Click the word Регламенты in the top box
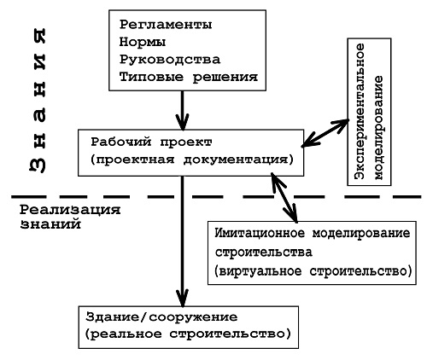tap(166, 25)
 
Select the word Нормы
tap(143, 42)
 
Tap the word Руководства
tap(170, 60)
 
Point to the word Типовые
tap(151, 77)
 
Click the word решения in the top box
tap(225, 77)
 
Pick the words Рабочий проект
tap(151, 142)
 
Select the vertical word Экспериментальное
tap(360, 111)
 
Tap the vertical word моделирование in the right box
tap(378, 128)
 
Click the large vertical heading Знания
tap(38, 101)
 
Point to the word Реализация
tap(70, 210)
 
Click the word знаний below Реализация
tap(50, 224)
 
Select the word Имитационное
tap(260, 234)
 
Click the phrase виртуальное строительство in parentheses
tap(313, 271)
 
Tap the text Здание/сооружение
tap(161, 316)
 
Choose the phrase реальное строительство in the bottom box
tap(187, 334)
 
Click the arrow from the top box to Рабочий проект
tap(182, 110)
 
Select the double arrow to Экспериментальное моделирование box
tap(325, 133)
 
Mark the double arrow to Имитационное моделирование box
tap(284, 197)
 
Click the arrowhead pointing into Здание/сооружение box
tap(183, 299)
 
